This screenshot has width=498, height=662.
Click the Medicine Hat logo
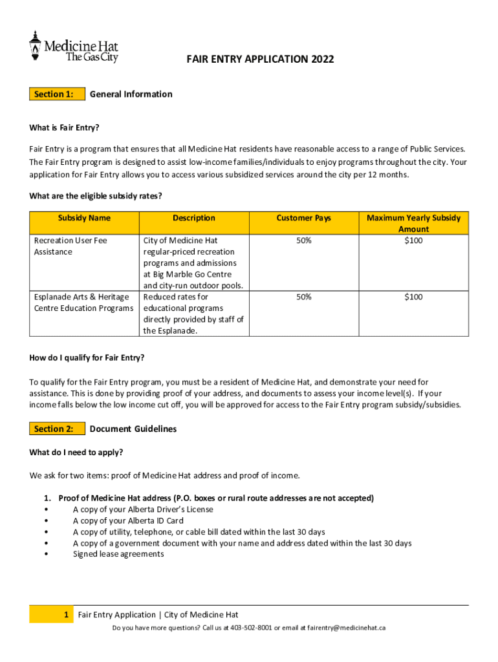click(73, 47)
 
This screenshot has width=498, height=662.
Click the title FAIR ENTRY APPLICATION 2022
click(261, 59)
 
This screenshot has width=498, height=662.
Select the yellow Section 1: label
click(57, 94)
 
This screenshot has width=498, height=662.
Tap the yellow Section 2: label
click(57, 429)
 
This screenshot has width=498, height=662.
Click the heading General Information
click(131, 94)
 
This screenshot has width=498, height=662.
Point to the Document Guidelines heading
click(133, 429)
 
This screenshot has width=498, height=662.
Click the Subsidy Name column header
click(84, 218)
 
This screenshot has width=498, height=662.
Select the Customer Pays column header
click(303, 218)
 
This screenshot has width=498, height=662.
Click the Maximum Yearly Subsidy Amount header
click(413, 223)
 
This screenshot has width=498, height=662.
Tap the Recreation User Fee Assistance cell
click(70, 246)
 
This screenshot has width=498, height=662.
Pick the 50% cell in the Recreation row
click(303, 240)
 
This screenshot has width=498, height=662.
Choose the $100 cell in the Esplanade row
click(413, 297)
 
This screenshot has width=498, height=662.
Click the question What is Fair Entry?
click(64, 127)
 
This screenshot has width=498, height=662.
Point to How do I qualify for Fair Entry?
click(87, 358)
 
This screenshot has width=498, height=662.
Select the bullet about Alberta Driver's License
click(143, 509)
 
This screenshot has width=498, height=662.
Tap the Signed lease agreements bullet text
click(118, 554)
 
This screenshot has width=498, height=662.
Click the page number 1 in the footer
click(67, 615)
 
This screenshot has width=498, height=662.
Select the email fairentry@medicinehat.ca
click(346, 628)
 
